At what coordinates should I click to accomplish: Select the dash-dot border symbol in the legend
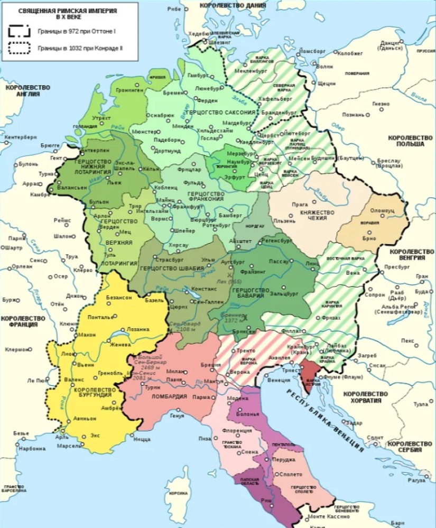pos(19,31)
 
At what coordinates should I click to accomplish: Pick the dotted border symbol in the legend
pos(19,49)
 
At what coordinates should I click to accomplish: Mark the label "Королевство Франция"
pos(20,321)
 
